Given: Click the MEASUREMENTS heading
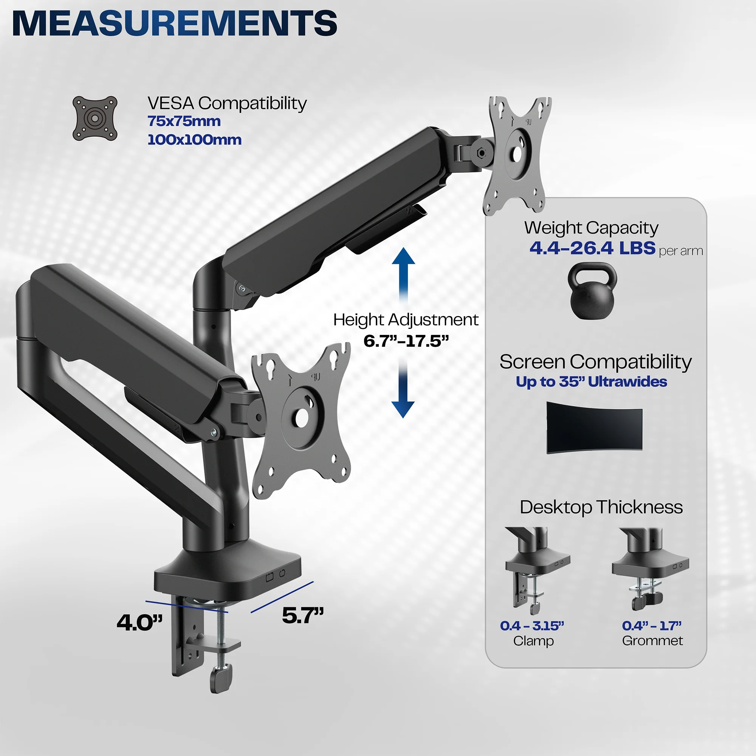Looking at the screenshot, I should click(175, 23).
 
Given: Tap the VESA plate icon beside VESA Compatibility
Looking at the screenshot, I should click(95, 119).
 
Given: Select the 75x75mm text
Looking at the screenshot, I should click(184, 121).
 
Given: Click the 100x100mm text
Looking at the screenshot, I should click(194, 140).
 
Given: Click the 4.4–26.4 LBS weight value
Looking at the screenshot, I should click(592, 248).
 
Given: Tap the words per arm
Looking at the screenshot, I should click(681, 251).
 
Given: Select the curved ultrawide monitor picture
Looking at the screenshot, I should click(594, 427).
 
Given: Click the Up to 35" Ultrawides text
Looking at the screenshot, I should click(591, 381).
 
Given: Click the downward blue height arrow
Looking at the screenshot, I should click(403, 391).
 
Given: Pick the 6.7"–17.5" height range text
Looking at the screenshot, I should click(406, 341).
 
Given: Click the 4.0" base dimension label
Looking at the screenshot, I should click(140, 623).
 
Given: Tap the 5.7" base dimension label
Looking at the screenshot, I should click(303, 615).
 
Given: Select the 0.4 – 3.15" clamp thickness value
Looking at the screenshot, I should click(532, 626).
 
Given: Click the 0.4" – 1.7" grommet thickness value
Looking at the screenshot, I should click(652, 626).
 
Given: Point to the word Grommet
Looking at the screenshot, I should click(652, 641).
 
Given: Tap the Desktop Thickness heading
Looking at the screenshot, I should click(601, 507).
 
